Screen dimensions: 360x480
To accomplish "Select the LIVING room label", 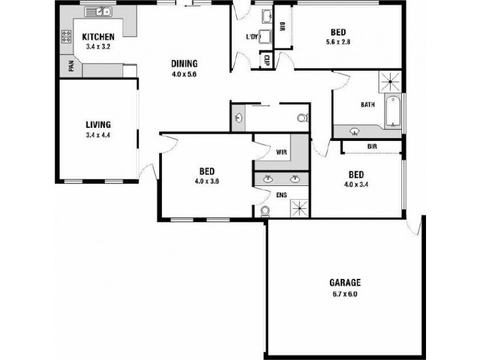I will point(98,125).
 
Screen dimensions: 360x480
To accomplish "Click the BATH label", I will point(368,104).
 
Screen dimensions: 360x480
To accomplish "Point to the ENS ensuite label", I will point(281,195).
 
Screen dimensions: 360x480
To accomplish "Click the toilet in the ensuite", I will point(266,210).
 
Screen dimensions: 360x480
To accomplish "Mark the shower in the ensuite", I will point(299,208).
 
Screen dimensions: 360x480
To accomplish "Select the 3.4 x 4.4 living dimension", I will point(98,135).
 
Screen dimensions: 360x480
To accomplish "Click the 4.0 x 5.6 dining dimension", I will point(184,75).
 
